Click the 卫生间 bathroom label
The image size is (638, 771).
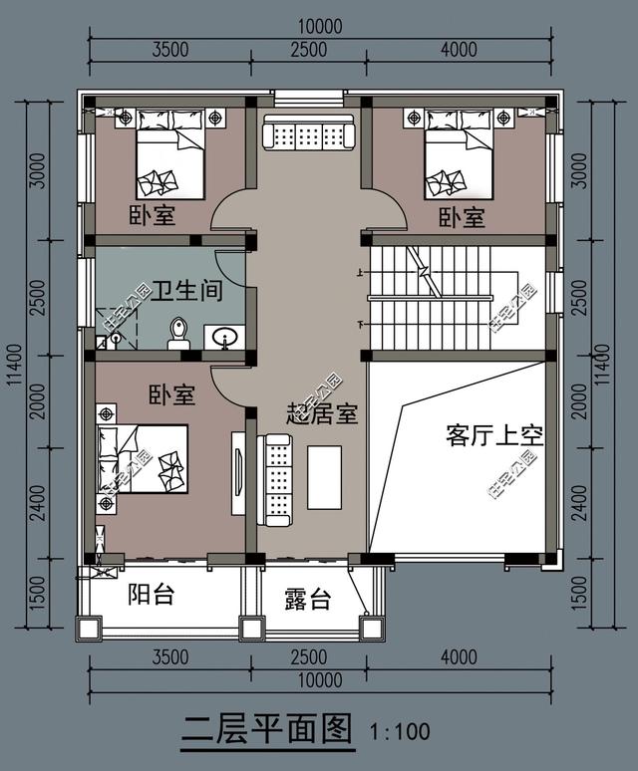[x=186, y=291]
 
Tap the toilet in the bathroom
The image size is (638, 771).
[x=178, y=334]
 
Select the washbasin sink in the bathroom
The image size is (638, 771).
[x=224, y=337]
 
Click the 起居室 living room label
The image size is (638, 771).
[x=322, y=414]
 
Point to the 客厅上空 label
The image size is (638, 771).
[x=494, y=434]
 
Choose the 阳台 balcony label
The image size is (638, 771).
[x=151, y=594]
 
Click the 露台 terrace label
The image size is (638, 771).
[x=308, y=599]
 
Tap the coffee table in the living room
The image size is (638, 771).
[x=325, y=477]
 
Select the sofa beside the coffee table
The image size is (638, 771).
[x=274, y=480]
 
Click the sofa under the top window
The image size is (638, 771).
[x=309, y=131]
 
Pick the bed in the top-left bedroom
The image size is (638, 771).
[x=170, y=154]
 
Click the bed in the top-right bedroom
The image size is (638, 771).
[x=459, y=154]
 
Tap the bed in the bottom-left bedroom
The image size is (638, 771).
[x=144, y=459]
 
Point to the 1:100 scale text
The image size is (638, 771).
[x=400, y=731]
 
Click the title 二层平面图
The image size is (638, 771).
[x=268, y=729]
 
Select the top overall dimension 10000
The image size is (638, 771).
[x=320, y=26]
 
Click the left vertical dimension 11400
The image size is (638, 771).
[x=15, y=365]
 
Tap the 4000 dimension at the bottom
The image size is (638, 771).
[x=459, y=656]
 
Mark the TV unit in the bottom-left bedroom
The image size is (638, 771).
[x=238, y=473]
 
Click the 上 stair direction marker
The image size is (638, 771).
[x=361, y=271]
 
